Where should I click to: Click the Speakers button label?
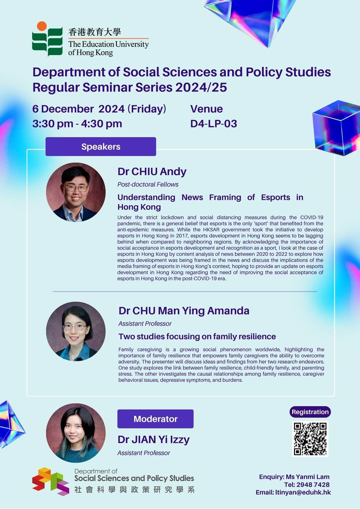tap(101, 146)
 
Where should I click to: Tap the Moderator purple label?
tap(155, 419)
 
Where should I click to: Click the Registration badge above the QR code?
tap(310, 412)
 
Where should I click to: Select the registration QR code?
tap(310, 439)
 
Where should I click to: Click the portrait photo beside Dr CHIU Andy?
tap(76, 192)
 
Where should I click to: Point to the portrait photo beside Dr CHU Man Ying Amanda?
tap(76, 331)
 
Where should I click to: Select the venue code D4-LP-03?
tap(214, 124)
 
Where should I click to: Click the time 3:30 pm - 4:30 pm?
tap(77, 124)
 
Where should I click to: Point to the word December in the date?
tap(67, 109)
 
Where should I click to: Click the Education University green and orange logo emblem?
tap(47, 38)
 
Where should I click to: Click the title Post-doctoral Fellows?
tap(148, 184)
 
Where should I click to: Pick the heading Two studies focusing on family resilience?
tap(197, 336)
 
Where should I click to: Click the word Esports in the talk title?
tap(275, 197)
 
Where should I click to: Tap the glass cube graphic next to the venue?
tap(336, 128)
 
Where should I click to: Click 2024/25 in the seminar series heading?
tap(201, 87)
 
